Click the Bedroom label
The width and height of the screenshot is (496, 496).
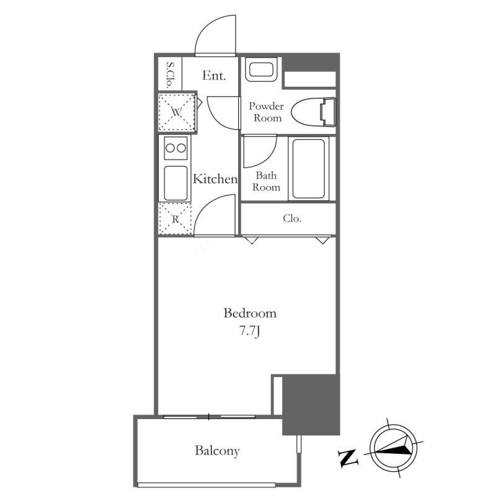tap(250, 313)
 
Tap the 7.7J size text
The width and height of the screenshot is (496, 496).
tap(250, 331)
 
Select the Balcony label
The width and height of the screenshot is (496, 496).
tap(218, 451)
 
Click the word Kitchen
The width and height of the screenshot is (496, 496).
tap(215, 179)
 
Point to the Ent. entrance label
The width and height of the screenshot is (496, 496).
tap(214, 76)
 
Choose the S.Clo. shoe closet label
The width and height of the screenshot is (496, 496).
tap(170, 75)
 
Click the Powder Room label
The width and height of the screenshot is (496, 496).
tap(266, 112)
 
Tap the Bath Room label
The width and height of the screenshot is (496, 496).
tap(266, 181)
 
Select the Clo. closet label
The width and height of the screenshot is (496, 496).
tap(292, 218)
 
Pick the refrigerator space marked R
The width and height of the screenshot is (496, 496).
tap(175, 219)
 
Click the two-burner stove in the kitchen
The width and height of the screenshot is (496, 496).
tap(175, 148)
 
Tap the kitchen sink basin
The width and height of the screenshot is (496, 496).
tap(175, 183)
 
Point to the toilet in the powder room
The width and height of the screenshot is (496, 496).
tap(313, 112)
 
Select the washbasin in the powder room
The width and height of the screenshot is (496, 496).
tap(261, 69)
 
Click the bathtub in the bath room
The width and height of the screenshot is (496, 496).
tap(308, 169)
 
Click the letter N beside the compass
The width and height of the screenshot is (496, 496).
tap(348, 458)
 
